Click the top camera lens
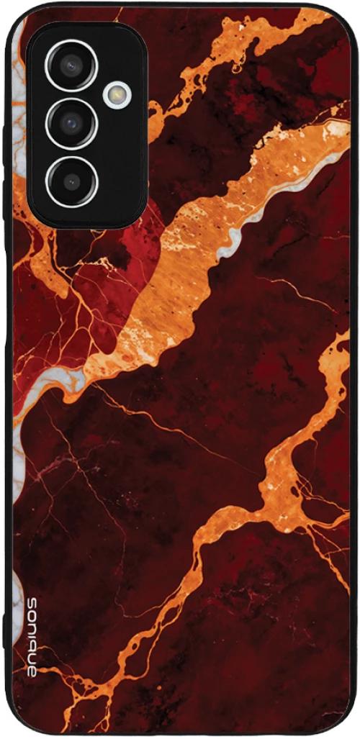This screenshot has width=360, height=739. click(x=71, y=65)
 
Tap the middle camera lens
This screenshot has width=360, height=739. click(x=71, y=123)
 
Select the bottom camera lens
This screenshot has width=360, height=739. click(x=71, y=179)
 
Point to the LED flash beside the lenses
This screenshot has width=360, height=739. click(x=117, y=94)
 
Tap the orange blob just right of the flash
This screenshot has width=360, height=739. click(x=156, y=112)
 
